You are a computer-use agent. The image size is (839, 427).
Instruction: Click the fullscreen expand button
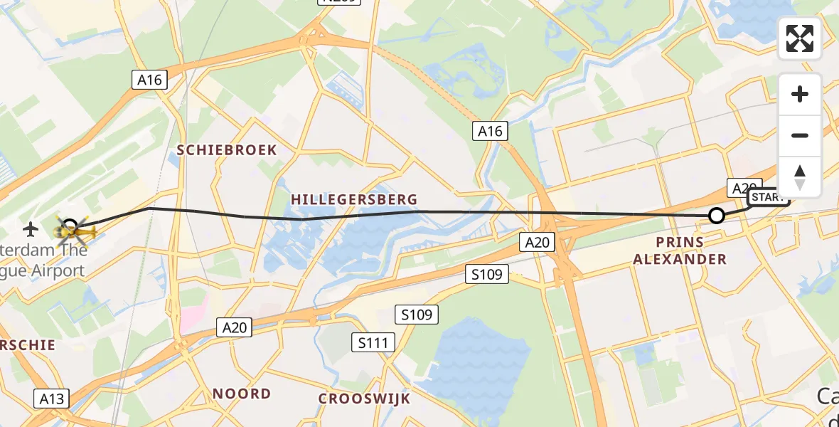point(800,38)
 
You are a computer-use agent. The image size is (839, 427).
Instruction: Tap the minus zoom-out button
point(800,135)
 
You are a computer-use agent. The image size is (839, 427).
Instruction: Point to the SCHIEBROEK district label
point(227,150)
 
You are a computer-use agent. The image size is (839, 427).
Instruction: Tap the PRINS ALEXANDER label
point(680,251)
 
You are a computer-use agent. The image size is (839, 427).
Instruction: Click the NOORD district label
point(242,394)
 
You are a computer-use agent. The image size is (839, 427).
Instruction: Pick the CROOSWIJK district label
point(364,399)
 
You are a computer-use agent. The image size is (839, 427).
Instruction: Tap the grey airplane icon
point(31,229)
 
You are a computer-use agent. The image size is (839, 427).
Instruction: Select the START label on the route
point(768,198)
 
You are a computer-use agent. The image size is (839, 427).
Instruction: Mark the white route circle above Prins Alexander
point(717,216)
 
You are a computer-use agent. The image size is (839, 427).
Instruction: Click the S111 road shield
point(373,343)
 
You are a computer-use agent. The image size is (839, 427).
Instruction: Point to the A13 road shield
point(52,399)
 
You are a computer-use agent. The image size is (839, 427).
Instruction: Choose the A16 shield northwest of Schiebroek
point(149,80)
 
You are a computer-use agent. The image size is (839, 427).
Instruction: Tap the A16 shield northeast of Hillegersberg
point(489,130)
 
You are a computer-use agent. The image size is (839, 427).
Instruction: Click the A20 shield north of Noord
point(235,327)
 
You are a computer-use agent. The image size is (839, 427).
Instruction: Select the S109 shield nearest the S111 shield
point(417,314)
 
